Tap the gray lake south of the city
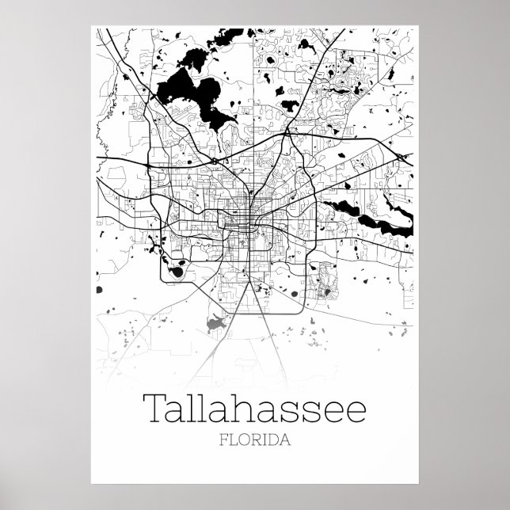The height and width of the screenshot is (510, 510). click(x=213, y=322)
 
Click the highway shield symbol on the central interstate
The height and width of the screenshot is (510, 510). click(x=215, y=161)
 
